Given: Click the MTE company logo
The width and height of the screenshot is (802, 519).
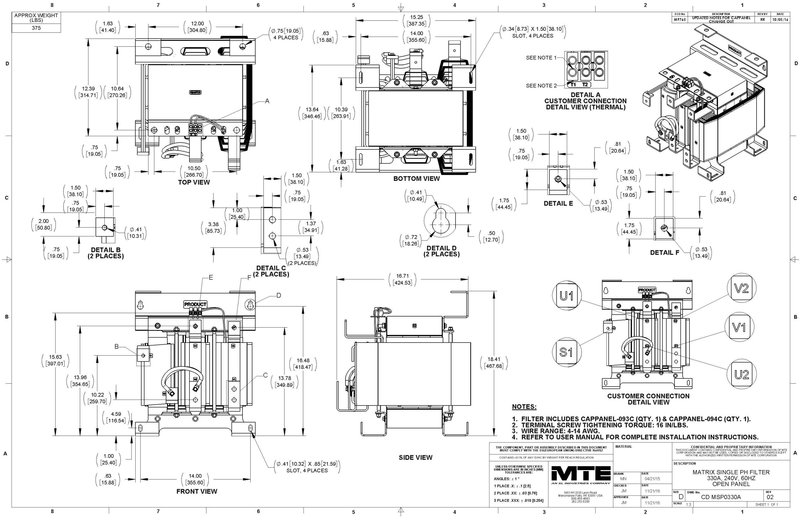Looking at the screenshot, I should (581, 475).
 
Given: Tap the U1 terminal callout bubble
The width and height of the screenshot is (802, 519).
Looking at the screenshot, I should (566, 296).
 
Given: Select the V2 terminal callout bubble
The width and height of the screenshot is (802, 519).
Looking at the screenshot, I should (741, 288).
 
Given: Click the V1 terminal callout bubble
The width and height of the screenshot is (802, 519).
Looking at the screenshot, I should (739, 327).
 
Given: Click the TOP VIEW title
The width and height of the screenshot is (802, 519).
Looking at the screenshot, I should (194, 182).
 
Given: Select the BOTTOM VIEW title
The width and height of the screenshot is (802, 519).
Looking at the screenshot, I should (416, 179).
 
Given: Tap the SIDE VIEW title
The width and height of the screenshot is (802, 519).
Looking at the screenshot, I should (415, 457).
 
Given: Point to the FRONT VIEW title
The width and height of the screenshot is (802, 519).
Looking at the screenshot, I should (197, 491).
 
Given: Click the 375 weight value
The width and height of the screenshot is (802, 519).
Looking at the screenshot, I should (36, 28).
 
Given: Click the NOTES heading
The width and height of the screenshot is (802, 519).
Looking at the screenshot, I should (524, 407).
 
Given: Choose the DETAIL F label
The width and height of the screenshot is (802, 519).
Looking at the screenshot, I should (664, 252).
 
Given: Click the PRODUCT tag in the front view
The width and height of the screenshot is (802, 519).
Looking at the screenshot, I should (195, 304).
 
